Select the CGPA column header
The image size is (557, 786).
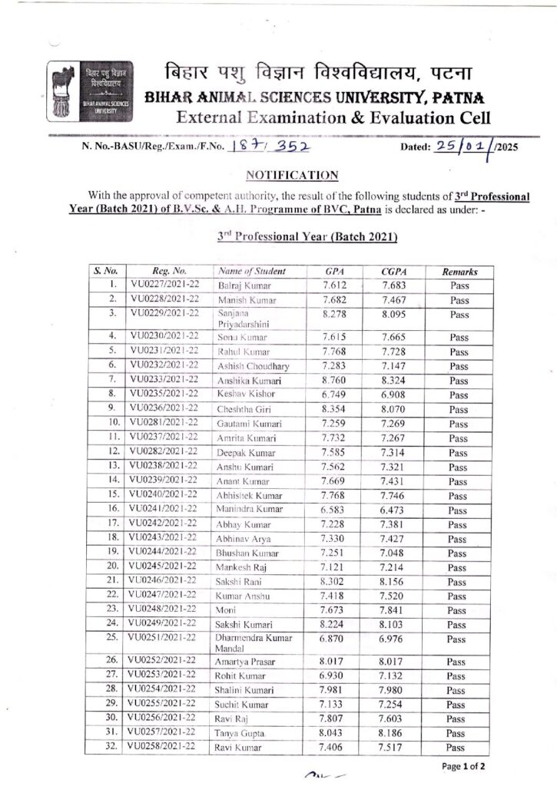[x=393, y=272]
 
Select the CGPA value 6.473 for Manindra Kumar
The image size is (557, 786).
[x=393, y=509]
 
